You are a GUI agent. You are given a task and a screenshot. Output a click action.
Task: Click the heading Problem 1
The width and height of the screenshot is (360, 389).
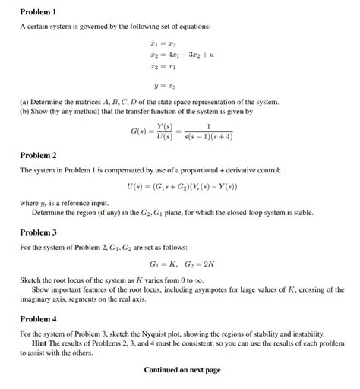38,12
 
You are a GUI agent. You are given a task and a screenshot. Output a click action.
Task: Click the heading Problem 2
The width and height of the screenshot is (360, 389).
38,156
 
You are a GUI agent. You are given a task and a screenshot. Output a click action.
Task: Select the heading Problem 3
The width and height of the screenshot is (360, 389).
38,232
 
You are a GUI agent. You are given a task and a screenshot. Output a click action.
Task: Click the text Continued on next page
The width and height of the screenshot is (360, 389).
182,370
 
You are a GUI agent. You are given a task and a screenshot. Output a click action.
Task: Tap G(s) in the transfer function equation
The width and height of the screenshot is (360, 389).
141,131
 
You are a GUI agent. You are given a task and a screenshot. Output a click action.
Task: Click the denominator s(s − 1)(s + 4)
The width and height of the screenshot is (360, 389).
209,137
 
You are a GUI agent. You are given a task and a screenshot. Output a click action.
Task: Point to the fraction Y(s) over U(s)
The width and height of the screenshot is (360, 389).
164,131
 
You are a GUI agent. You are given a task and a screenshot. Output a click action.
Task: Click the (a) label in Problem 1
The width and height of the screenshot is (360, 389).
25,102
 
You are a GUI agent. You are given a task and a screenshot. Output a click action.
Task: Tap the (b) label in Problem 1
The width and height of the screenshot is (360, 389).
25,111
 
